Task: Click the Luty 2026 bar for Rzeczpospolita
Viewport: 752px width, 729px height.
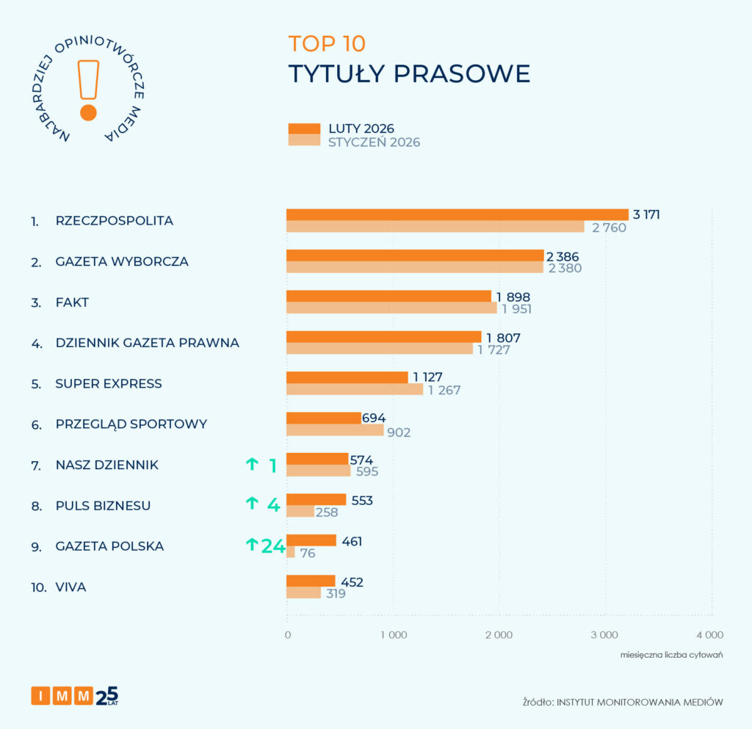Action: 457,214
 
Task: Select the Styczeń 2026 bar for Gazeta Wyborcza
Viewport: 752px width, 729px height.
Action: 414,268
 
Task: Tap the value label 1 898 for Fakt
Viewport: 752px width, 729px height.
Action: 513,297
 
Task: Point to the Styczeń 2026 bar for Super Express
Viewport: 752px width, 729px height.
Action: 354,390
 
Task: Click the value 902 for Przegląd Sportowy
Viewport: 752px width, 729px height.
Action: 399,432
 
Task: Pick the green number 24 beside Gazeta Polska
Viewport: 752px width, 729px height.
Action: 272,546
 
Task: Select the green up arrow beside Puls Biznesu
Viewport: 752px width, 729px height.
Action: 252,503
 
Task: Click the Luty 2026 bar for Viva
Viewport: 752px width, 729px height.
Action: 311,581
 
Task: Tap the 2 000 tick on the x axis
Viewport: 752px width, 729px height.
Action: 499,635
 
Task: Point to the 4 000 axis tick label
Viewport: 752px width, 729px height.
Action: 709,635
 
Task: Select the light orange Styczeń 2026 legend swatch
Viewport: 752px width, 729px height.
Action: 304,140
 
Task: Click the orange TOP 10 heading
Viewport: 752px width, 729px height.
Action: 326,43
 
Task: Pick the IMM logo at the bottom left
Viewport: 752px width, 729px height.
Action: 62,695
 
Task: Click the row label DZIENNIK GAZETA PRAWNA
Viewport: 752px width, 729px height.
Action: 148,343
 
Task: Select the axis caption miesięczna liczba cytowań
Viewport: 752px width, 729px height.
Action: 671,654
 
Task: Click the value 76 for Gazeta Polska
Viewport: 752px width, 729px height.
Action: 307,554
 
